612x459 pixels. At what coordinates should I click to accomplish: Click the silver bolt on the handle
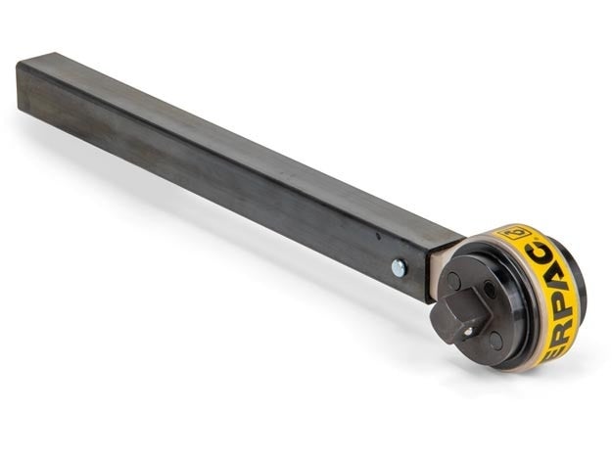point(399,266)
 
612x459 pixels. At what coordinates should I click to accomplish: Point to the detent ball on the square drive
point(469,330)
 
